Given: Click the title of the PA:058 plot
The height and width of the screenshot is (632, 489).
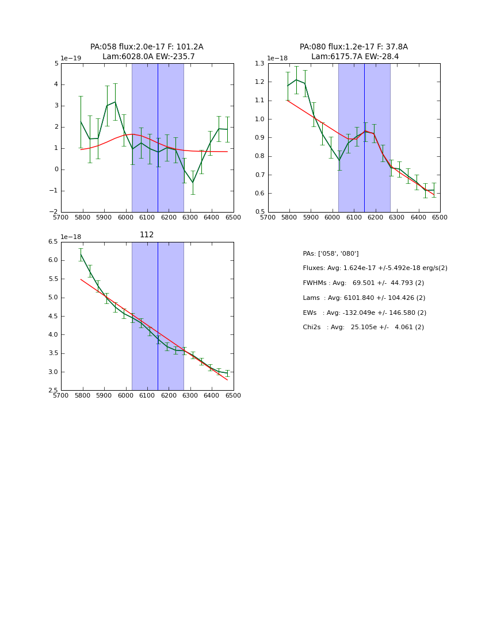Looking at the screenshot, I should coord(147,52).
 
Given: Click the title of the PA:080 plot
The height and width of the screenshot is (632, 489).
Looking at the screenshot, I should coord(354,52).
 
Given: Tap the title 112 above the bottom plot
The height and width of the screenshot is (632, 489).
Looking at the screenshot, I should coord(147,235).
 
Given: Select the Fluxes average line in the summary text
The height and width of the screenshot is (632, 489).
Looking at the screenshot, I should coord(375,268).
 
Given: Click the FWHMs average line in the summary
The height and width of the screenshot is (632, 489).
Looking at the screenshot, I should coord(363,283).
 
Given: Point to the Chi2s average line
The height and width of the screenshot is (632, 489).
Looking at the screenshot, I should coord(363,327).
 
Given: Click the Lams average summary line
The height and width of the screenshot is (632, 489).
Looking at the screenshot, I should coord(364,298).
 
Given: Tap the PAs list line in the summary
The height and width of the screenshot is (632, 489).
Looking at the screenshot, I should coord(330,253).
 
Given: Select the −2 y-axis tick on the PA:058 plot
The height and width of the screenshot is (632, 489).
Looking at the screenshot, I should coord(54,212).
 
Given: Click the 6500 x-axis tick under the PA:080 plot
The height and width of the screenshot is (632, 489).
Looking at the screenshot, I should coord(440,218).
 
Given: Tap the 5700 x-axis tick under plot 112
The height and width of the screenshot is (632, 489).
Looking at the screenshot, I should coord(61,396).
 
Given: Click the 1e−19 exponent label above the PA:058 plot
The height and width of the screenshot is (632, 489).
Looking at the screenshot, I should coord(71,59).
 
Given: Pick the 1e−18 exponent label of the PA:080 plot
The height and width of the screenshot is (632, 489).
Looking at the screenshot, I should coord(277,59).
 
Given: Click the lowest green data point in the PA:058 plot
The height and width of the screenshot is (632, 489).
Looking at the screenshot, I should coord(193,183).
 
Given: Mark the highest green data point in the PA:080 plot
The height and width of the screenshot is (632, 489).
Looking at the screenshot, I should coord(296,80).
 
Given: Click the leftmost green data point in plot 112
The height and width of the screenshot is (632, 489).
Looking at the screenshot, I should coord(81,254).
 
